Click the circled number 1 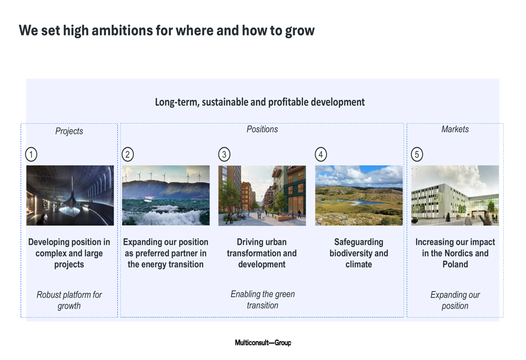[31, 155]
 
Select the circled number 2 [127, 155]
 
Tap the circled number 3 [224, 155]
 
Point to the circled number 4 [321, 155]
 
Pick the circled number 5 [417, 155]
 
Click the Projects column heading [69, 131]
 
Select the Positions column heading [262, 129]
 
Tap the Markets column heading [455, 129]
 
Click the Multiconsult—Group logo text [263, 343]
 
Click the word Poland [455, 264]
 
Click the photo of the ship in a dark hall [70, 196]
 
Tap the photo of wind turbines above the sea [166, 196]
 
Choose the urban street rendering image [262, 196]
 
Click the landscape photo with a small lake [359, 196]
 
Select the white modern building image [455, 196]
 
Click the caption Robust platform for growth [69, 300]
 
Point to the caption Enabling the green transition [262, 300]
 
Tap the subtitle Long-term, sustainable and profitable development [260, 102]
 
